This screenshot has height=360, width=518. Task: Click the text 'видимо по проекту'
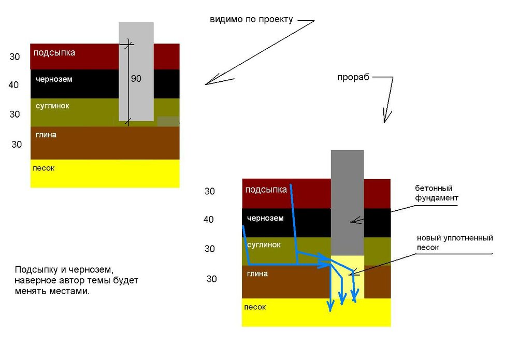251,20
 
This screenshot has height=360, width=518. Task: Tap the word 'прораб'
353,78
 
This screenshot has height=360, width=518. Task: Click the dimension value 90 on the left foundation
136,79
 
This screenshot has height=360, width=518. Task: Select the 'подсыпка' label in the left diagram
54,52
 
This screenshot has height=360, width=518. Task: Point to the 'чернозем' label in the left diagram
54,79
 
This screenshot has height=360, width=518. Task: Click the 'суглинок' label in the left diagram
52,106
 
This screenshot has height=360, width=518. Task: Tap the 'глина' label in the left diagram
46,135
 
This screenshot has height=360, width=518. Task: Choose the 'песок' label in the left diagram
44,168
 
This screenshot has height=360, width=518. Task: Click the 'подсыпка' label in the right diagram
266,190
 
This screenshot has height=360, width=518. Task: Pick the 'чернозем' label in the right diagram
265,218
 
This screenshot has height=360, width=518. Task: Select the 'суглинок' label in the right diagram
264,244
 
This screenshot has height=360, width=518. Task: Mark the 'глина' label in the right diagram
257,273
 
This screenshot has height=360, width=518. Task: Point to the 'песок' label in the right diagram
255,307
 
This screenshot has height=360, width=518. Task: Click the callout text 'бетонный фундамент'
437,193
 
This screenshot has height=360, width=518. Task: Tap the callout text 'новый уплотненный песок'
454,242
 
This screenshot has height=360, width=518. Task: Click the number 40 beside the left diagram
14,84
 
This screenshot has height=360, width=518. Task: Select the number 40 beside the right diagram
209,220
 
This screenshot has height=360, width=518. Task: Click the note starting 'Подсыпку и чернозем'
77,280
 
